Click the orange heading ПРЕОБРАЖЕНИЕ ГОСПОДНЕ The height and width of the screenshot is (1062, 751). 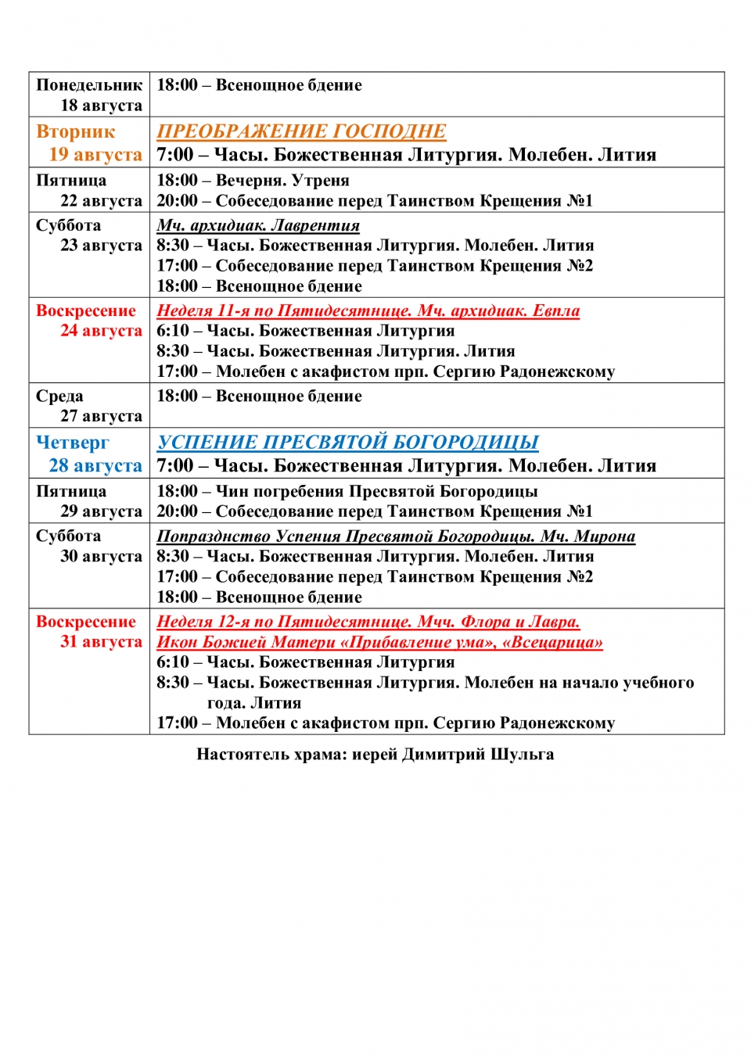pyautogui.click(x=301, y=131)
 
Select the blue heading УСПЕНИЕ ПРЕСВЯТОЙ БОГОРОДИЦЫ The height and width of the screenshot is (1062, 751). pyautogui.click(x=347, y=443)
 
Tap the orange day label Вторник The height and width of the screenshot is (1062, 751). pyautogui.click(x=75, y=131)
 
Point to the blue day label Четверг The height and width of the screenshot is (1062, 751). pyautogui.click(x=73, y=443)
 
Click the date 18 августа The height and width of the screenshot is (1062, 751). pyautogui.click(x=101, y=106)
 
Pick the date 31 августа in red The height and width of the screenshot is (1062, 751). pyautogui.click(x=101, y=642)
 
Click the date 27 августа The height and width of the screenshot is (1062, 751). pyautogui.click(x=101, y=416)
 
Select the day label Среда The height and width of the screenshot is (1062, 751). pyautogui.click(x=59, y=396)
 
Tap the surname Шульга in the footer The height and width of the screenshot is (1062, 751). pyautogui.click(x=522, y=755)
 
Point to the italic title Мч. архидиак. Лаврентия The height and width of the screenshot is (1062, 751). pyautogui.click(x=258, y=226)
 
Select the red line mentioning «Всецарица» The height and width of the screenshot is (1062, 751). pyautogui.click(x=379, y=643)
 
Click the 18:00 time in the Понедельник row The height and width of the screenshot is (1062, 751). pyautogui.click(x=177, y=85)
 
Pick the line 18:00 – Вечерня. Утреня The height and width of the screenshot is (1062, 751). pyautogui.click(x=253, y=181)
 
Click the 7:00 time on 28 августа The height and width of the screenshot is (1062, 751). pyautogui.click(x=174, y=466)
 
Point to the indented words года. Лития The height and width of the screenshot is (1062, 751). pyautogui.click(x=253, y=703)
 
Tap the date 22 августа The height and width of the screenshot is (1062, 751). pyautogui.click(x=101, y=201)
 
